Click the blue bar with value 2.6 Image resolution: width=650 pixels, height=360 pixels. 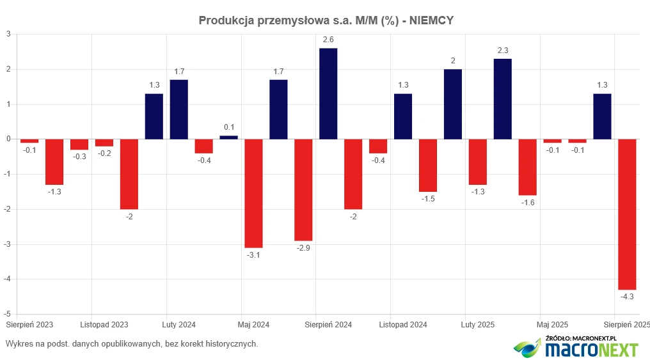click(328, 93)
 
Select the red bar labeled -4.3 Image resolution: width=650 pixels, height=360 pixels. click(627, 214)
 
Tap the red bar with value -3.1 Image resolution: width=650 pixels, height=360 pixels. click(253, 193)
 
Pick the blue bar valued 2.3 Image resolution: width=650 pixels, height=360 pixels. click(502, 99)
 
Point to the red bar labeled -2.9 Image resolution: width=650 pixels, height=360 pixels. click(303, 189)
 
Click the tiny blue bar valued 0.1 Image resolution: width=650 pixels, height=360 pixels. click(228, 137)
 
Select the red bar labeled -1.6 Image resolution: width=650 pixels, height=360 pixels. click(527, 167)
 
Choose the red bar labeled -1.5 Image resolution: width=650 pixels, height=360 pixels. click(427, 165)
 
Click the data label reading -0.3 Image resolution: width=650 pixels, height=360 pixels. click(79, 157)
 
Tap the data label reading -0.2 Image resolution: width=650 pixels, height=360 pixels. click(104, 153)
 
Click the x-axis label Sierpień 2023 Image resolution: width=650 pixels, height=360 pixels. click(29, 325)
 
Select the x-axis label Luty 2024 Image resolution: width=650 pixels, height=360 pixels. click(179, 325)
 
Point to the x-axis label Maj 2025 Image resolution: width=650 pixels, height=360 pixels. click(553, 325)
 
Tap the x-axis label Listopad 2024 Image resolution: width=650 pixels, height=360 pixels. click(403, 325)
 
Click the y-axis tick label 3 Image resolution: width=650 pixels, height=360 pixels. click(8, 34)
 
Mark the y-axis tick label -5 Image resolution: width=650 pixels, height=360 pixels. click(7, 314)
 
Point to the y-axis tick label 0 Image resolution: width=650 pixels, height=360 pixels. click(8, 139)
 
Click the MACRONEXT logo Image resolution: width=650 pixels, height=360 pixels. click(576, 348)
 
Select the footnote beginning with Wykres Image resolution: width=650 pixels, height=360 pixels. click(131, 344)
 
